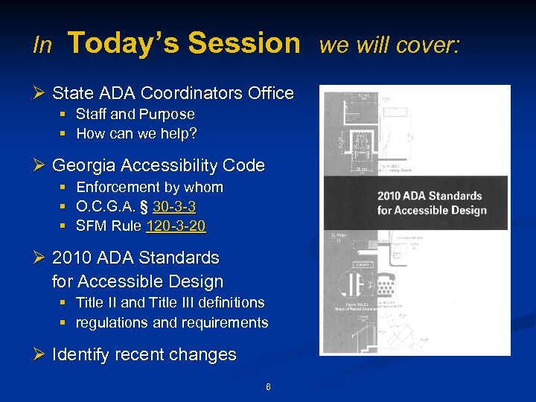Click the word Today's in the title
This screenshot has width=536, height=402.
coord(124,43)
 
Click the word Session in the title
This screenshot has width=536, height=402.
coord(243,43)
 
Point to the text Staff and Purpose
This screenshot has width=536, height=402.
coord(135,115)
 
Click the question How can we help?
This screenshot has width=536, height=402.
coord(136,134)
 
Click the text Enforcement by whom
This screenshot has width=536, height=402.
coord(149,187)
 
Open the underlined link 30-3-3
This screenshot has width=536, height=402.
coord(174,206)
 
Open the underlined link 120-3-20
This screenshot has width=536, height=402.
coord(176,226)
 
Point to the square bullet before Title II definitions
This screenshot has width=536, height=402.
coord(64,303)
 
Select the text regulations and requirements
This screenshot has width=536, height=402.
coord(172,322)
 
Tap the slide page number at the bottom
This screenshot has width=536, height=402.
coord(268,386)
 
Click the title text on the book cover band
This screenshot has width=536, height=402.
coord(431,203)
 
